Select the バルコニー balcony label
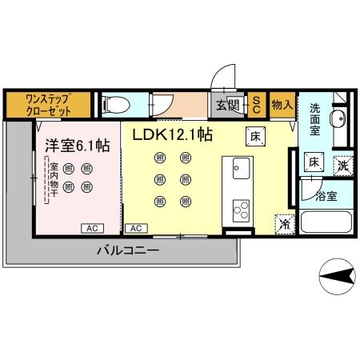pos(128,250)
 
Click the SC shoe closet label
pos(256,104)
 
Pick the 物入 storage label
pos(281,105)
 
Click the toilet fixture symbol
pos(114,103)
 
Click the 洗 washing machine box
pos(342,165)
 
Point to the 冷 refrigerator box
pos(283,224)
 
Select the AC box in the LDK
pos(135,228)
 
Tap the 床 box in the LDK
pos(255,136)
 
